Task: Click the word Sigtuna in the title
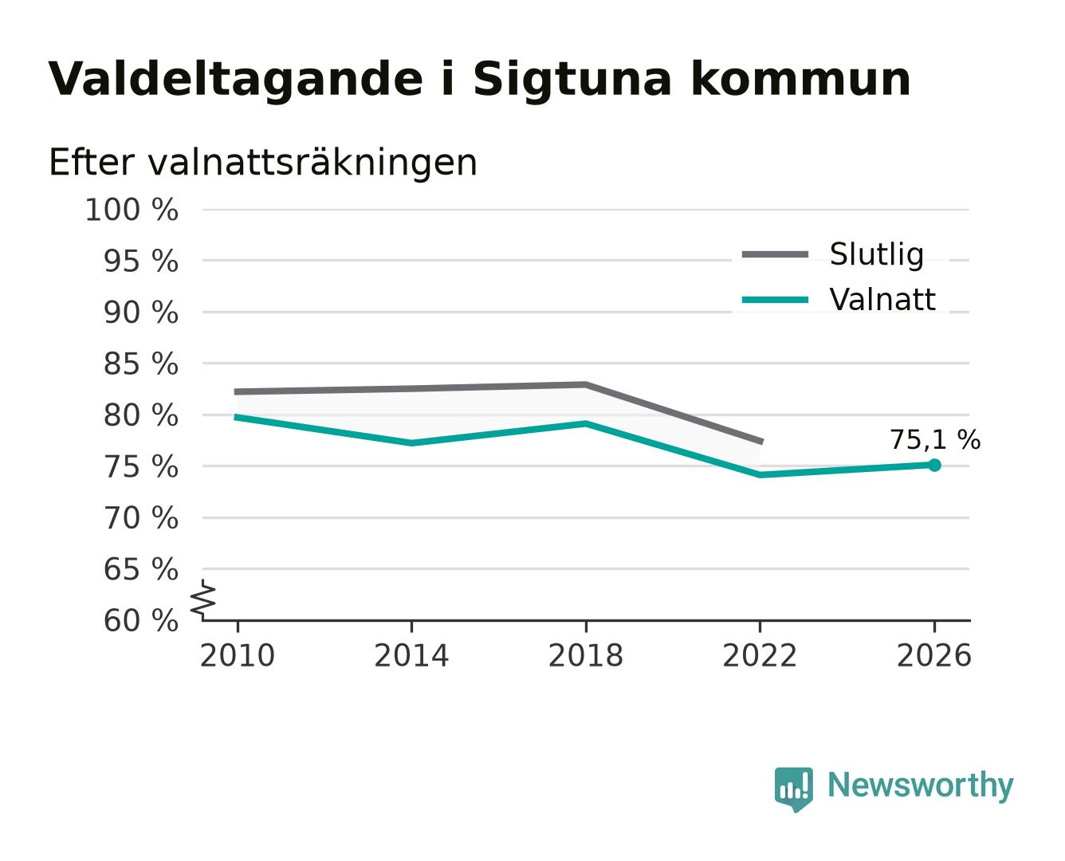[572, 79]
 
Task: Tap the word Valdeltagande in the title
[235, 77]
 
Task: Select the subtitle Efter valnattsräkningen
[263, 163]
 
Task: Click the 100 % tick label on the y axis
[132, 210]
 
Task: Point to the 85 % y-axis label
[140, 364]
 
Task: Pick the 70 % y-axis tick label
[140, 517]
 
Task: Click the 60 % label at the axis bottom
[140, 620]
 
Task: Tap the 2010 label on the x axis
[238, 655]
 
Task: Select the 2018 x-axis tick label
[585, 655]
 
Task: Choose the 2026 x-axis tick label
[933, 655]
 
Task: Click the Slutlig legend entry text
[876, 255]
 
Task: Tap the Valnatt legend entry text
[882, 300]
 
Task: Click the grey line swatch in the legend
[775, 254]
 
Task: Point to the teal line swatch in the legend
[775, 300]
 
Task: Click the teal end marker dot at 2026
[934, 465]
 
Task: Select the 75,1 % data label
[935, 440]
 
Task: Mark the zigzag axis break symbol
[203, 600]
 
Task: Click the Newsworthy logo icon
[793, 788]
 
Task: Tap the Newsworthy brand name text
[921, 786]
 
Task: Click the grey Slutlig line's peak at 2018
[585, 384]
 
